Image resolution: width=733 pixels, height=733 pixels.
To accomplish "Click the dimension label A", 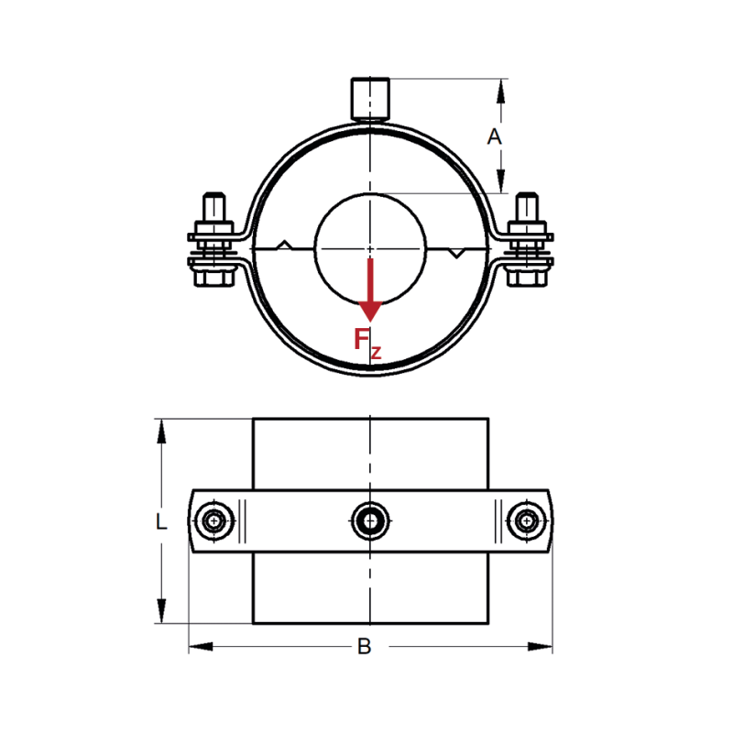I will [494, 137].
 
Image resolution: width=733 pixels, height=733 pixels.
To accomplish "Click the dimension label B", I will [364, 647].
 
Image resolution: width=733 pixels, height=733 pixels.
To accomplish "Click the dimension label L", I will [161, 522].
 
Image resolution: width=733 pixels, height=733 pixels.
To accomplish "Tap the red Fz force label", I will [366, 341].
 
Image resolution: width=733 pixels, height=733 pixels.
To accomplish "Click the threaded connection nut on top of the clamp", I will [369, 99].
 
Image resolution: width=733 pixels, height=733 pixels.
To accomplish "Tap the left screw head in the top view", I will [214, 521].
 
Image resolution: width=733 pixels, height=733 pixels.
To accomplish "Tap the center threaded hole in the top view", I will [369, 521].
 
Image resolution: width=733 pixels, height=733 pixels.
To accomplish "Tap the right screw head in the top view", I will [526, 521].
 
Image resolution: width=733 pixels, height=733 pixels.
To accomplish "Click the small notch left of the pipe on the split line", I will [285, 245].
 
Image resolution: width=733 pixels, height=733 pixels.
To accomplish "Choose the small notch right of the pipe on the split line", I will [455, 252].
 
